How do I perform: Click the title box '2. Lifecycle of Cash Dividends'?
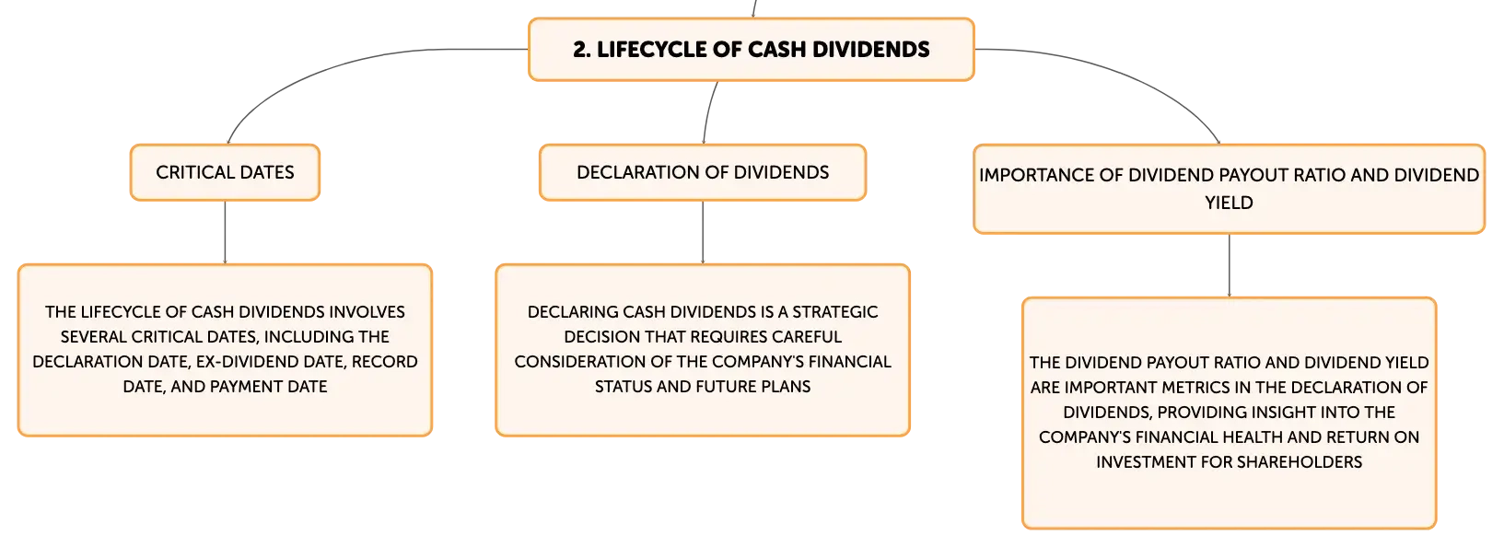click(751, 50)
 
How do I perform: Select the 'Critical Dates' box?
click(225, 172)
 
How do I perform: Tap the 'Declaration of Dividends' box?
click(703, 172)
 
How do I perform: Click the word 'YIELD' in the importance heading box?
click(1229, 203)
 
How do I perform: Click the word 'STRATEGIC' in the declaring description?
click(834, 312)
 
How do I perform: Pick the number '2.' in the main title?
click(582, 50)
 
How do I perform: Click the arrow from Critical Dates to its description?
click(225, 232)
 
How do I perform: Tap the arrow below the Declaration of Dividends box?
click(703, 232)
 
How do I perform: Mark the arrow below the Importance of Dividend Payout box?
click(1229, 266)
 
